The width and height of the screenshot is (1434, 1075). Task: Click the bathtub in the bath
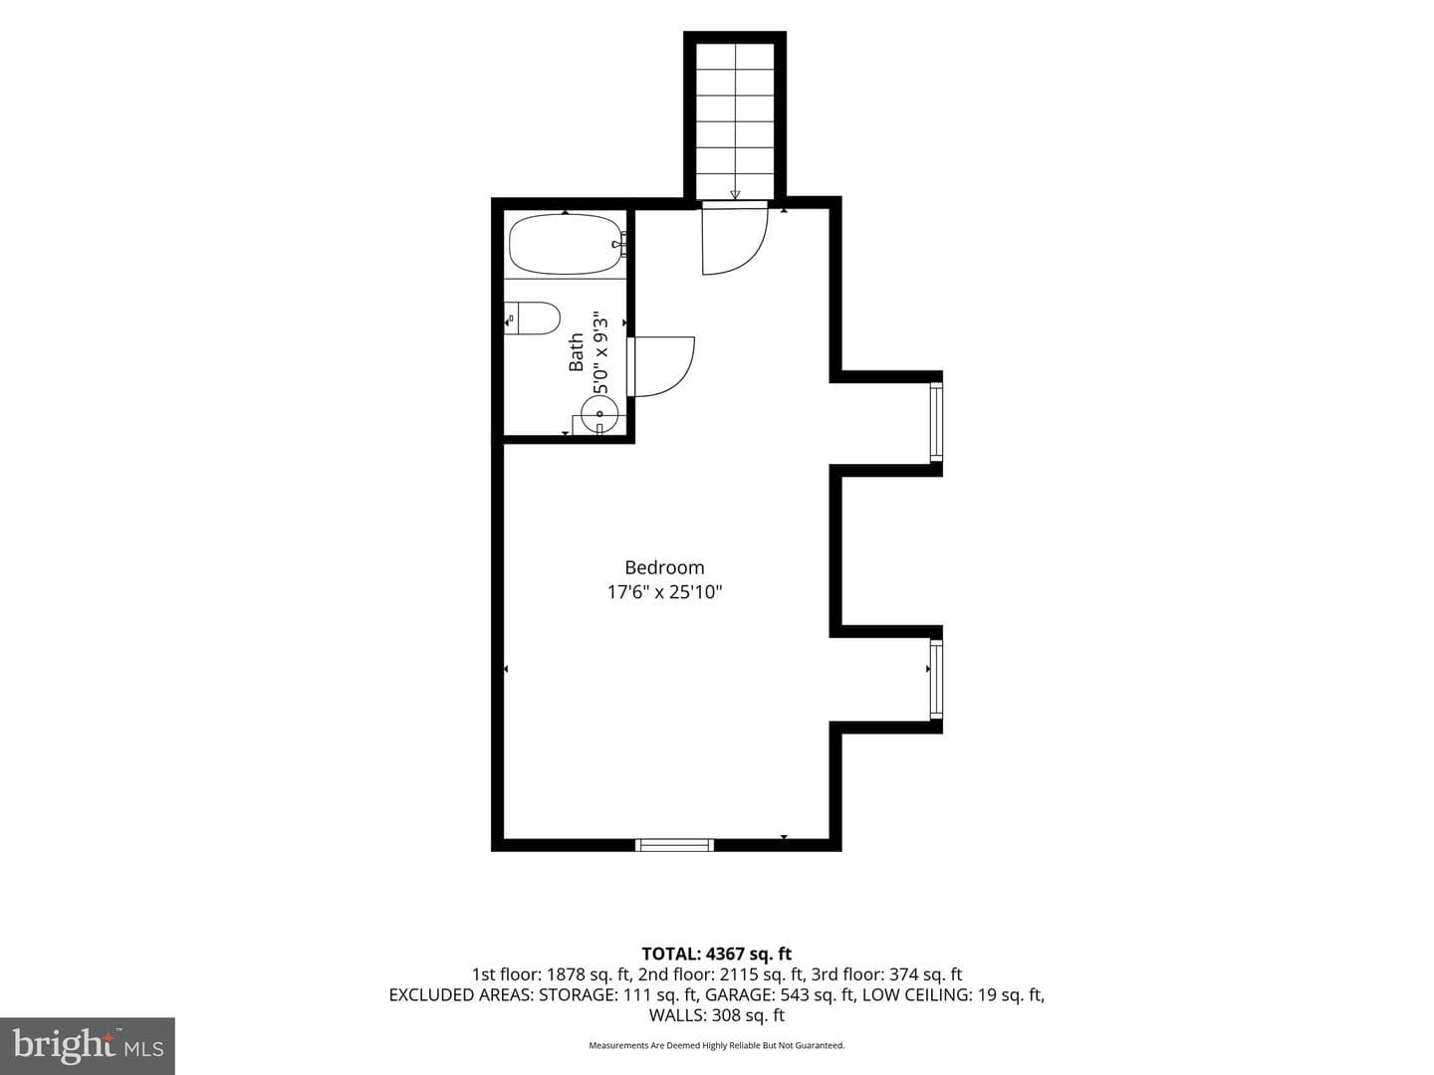566,244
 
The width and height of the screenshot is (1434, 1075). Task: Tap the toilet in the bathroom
533,318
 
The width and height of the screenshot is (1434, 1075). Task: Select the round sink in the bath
599,414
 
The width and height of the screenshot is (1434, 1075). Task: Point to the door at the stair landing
734,238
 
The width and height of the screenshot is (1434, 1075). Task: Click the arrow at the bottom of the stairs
735,194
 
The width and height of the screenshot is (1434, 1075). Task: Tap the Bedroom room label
664,567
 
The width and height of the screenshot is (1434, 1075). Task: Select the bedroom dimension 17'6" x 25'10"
664,592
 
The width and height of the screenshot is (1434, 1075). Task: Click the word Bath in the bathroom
576,352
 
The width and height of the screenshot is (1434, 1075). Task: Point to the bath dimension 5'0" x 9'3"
599,352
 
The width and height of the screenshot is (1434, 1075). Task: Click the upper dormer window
936,423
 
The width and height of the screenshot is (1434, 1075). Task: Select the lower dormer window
936,680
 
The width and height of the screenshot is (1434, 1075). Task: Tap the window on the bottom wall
675,845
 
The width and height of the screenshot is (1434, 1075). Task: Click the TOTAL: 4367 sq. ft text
717,955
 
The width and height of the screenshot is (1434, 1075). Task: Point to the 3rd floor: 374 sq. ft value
886,974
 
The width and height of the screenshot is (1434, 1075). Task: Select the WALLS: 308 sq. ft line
717,1015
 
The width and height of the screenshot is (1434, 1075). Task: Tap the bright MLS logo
88,1045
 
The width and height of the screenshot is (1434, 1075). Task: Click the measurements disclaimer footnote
717,1045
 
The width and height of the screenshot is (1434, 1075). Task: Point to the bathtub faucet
619,244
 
